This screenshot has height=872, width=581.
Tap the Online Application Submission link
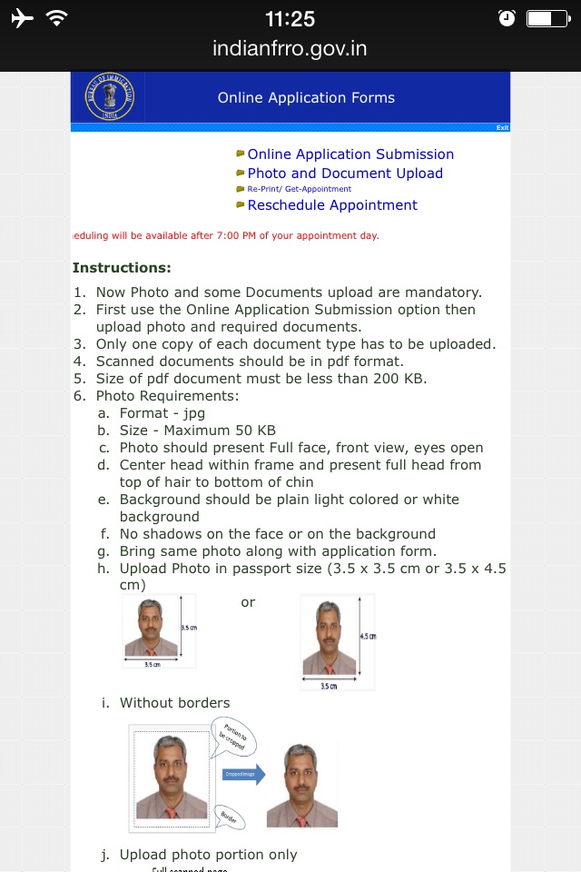click(350, 154)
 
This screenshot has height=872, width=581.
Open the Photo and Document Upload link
click(345, 173)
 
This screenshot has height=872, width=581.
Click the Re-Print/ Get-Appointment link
click(299, 189)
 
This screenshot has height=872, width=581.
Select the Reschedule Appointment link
click(332, 205)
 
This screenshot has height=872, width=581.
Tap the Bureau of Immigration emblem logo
click(109, 97)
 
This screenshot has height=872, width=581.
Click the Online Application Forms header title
click(306, 97)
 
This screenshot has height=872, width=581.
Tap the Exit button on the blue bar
click(502, 128)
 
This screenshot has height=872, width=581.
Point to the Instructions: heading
click(122, 268)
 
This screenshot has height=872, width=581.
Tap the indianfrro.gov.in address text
click(290, 48)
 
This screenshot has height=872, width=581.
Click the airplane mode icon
click(22, 18)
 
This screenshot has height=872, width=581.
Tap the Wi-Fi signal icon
click(56, 18)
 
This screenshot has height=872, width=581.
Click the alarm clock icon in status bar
click(507, 18)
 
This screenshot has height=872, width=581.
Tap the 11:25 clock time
click(290, 18)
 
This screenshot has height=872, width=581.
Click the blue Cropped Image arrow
click(243, 775)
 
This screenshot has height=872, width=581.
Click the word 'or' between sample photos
click(248, 602)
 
